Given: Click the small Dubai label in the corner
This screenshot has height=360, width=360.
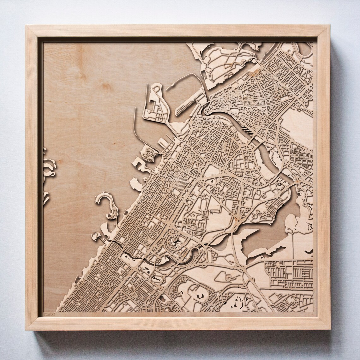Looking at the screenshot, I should click(49, 314).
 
